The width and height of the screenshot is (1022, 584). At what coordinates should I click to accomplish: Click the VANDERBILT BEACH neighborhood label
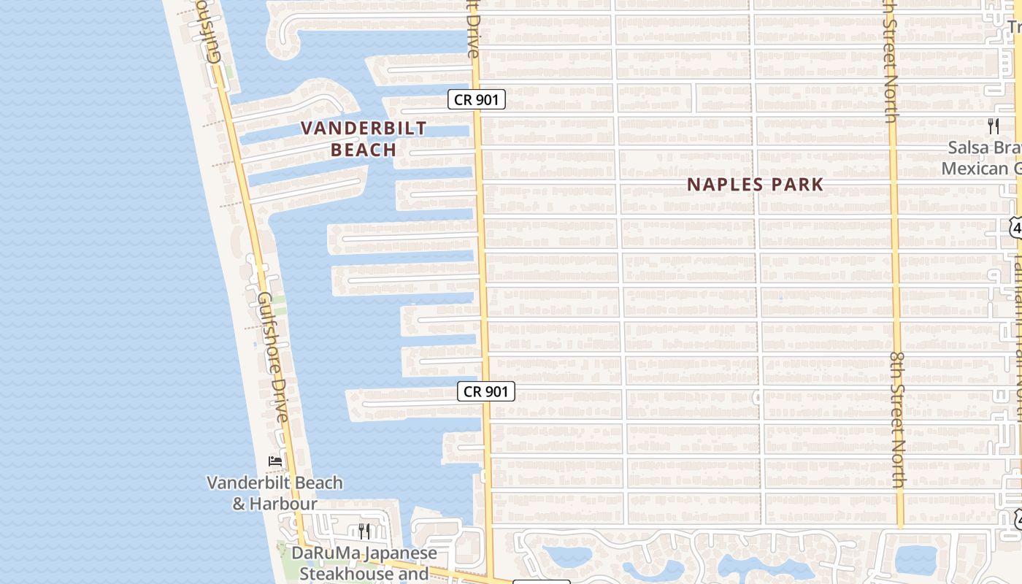point(364,139)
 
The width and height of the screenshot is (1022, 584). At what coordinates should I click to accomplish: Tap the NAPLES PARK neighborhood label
point(755,185)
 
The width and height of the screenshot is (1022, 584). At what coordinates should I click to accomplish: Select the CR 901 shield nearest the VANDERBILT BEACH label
point(476,99)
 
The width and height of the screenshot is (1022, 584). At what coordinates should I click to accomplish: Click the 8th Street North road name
point(897,419)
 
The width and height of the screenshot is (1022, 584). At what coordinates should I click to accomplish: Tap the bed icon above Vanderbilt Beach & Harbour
point(275,461)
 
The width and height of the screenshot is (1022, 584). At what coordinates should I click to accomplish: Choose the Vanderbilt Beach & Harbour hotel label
point(274,493)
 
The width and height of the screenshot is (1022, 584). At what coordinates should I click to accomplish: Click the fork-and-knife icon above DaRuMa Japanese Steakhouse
point(364,531)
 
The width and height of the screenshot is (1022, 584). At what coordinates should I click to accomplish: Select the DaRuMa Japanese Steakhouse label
point(364,563)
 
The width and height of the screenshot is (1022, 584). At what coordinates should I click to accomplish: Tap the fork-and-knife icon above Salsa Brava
point(993,126)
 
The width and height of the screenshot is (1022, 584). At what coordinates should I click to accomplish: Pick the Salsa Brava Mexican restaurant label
point(983,158)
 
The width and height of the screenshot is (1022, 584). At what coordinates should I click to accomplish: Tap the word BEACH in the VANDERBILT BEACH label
point(364,150)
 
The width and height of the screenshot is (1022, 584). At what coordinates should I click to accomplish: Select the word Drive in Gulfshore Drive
point(281,397)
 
